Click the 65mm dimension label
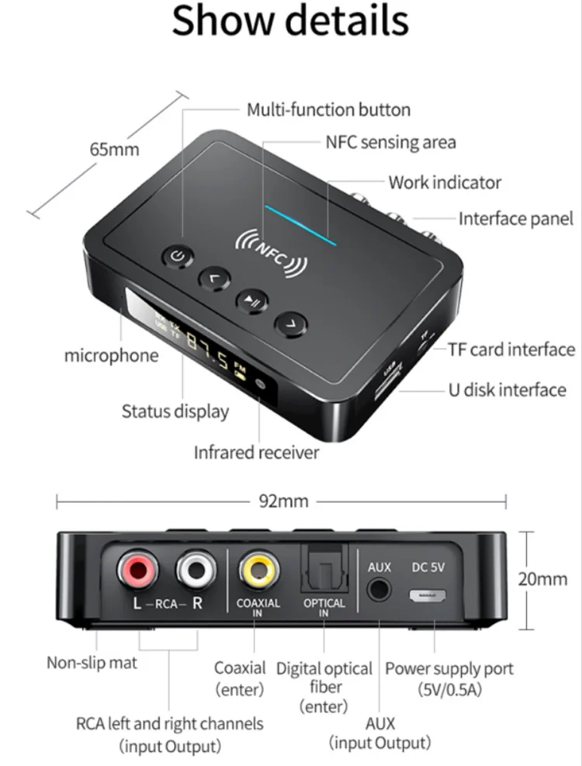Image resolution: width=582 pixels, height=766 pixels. click(114, 149)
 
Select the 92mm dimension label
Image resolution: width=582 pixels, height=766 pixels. click(283, 501)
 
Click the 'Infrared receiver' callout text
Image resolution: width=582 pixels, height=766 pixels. click(256, 452)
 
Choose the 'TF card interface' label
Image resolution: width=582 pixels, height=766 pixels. click(511, 350)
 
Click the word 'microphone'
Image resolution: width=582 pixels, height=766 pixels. click(111, 356)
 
